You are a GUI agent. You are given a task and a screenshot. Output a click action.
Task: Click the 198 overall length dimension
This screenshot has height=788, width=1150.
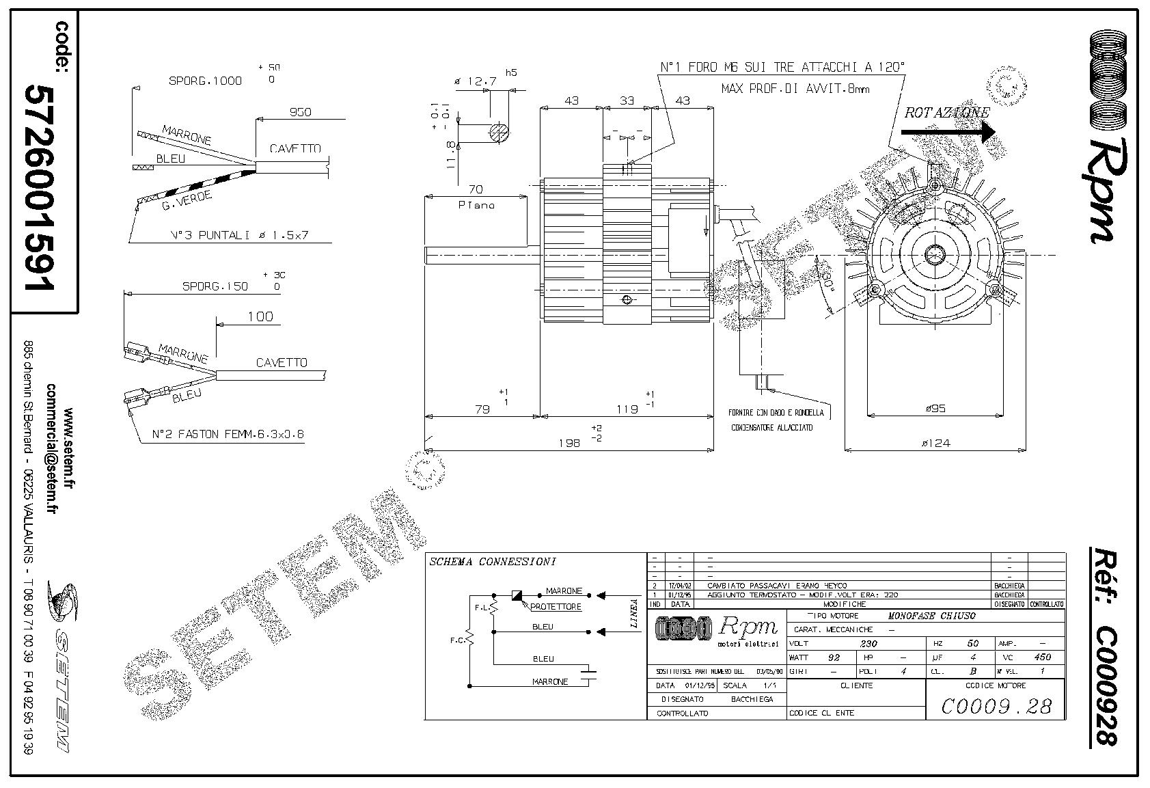569,442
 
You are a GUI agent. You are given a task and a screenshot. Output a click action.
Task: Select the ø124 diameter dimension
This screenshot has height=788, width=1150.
936,443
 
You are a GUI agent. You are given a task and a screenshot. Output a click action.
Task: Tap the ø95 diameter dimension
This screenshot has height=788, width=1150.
935,408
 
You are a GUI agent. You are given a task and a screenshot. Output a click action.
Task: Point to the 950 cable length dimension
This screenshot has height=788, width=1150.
300,112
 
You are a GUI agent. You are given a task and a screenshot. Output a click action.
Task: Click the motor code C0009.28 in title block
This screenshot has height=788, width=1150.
996,705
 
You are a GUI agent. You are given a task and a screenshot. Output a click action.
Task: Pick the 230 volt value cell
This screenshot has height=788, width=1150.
868,643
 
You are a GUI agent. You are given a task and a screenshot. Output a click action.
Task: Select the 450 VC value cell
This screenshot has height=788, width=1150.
1043,657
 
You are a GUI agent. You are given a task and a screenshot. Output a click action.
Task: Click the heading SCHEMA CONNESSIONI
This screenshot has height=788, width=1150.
492,562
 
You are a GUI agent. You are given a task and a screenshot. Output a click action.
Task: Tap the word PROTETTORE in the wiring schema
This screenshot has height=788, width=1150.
556,606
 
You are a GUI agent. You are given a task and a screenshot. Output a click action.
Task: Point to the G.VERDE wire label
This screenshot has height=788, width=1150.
187,200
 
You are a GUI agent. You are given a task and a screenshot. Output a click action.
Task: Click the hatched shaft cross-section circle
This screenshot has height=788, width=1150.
499,132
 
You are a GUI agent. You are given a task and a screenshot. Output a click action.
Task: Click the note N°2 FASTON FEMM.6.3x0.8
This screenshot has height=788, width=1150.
227,433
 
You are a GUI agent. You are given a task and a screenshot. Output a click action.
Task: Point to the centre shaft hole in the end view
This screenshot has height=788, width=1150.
935,255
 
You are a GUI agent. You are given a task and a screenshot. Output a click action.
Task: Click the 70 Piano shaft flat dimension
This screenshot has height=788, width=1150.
476,189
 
